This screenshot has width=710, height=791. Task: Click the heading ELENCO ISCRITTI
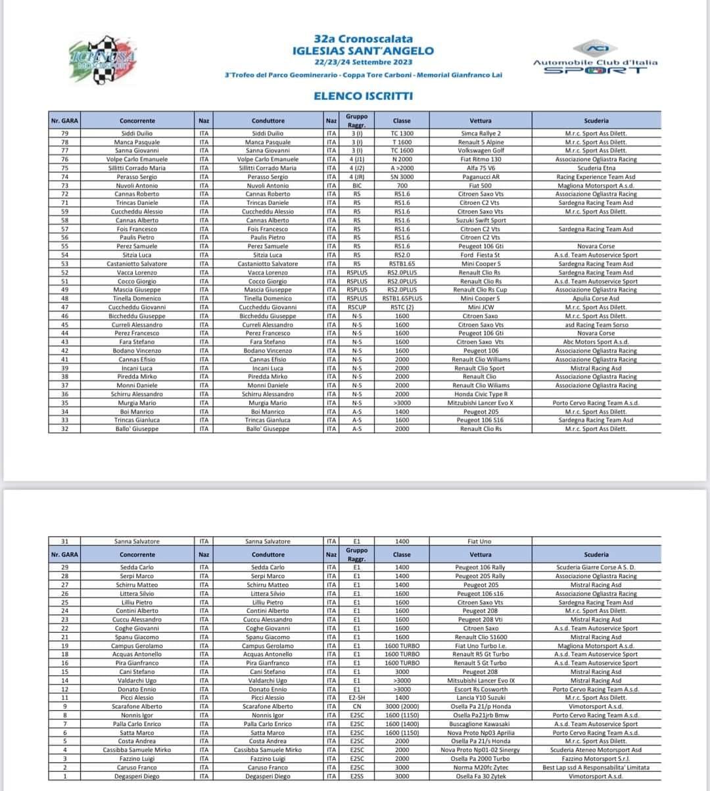click(x=363, y=96)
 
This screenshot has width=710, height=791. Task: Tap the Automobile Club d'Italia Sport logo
click(x=595, y=58)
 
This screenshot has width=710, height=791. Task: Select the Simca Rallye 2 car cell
click(x=481, y=133)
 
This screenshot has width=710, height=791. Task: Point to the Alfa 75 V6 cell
click(x=481, y=168)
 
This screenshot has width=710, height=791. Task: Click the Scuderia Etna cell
click(x=596, y=168)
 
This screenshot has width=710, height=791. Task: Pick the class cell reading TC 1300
click(x=402, y=133)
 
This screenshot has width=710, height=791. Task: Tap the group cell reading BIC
click(x=356, y=186)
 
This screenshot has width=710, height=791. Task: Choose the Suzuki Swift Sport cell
click(x=481, y=221)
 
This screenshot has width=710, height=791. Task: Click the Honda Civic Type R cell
click(x=481, y=394)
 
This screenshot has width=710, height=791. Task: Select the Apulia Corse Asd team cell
click(x=596, y=298)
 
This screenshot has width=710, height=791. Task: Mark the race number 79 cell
click(x=64, y=133)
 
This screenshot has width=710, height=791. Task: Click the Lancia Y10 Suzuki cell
click(x=481, y=698)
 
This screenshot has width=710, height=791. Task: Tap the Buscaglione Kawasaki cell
click(x=481, y=724)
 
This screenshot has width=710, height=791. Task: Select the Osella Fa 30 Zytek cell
click(x=481, y=776)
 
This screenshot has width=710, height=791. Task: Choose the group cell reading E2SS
click(x=356, y=776)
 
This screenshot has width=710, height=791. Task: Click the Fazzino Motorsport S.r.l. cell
click(x=596, y=759)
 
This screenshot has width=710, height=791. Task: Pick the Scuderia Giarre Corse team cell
click(x=596, y=567)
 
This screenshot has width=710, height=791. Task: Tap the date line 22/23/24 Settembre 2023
click(x=363, y=62)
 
